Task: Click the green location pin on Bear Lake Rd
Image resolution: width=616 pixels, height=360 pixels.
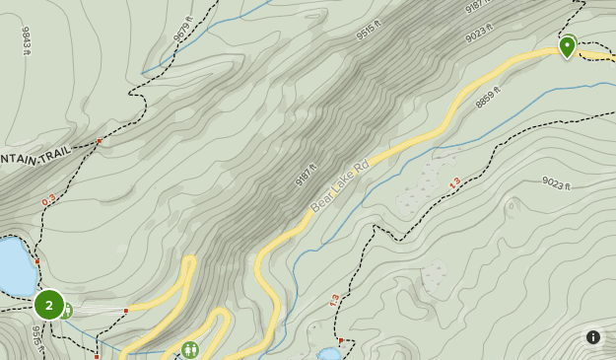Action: tap(567, 46)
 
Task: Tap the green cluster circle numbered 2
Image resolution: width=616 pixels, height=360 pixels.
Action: tap(49, 305)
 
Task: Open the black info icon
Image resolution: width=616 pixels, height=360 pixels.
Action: tap(592, 337)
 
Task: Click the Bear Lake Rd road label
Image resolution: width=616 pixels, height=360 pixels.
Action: tap(339, 184)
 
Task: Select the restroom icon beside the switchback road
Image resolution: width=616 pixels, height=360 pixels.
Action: tap(189, 349)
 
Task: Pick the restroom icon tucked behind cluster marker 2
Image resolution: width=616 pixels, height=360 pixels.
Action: tap(67, 311)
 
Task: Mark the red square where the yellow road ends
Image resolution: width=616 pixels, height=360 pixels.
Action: tap(126, 311)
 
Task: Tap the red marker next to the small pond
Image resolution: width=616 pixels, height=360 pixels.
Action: tap(340, 341)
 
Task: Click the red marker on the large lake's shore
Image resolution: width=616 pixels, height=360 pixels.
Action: tap(37, 262)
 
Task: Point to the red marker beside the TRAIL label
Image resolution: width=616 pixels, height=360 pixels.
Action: tap(100, 142)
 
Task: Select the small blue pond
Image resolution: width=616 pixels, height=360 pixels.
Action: tap(326, 353)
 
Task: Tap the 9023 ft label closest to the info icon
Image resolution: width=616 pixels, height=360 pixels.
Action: tap(557, 182)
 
